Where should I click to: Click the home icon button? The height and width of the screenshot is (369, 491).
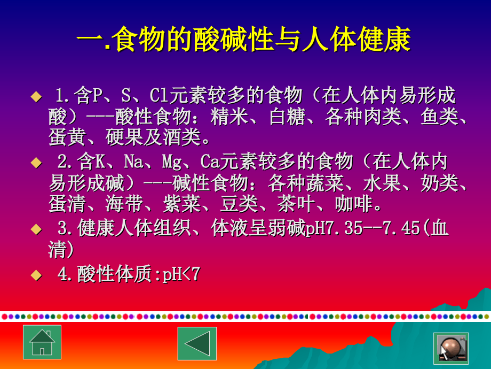coord(42,342)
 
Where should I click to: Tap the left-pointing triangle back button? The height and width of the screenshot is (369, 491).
coord(197,343)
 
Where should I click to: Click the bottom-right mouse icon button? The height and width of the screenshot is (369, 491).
coord(451,348)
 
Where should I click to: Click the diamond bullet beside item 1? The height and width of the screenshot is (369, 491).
coord(36,96)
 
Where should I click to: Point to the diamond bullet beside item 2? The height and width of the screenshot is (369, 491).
coord(36,162)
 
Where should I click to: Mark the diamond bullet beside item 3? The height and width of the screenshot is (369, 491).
coord(36,229)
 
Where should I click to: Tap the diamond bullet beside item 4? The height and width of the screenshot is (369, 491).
coord(36,275)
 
